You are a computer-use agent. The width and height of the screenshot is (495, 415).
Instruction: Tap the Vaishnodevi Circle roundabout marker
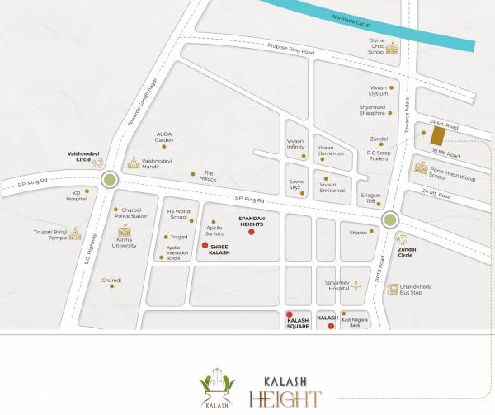109,179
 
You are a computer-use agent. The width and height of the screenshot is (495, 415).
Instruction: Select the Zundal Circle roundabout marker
390,219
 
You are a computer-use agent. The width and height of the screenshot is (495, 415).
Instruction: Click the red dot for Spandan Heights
252,233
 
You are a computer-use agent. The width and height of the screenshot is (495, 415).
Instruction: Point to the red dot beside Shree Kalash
205,245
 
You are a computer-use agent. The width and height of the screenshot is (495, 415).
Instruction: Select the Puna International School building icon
422,167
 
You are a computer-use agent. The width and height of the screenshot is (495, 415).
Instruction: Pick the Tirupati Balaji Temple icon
76,233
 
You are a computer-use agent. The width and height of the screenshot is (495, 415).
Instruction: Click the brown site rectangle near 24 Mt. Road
438,134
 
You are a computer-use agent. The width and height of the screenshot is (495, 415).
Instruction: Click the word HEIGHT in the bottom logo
283,399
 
